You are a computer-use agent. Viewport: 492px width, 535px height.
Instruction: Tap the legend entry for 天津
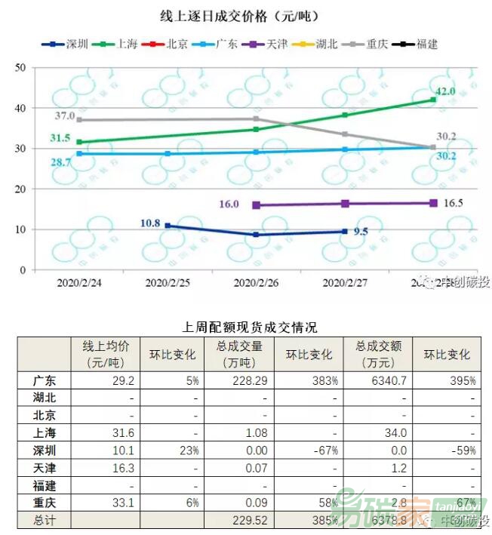pos(275,44)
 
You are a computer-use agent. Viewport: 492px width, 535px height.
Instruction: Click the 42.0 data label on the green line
pos(445,91)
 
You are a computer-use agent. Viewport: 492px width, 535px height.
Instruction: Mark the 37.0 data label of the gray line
pos(65,116)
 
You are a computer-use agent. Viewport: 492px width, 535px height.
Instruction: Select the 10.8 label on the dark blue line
pos(150,223)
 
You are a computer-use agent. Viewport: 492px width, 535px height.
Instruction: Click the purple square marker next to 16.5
pos(433,203)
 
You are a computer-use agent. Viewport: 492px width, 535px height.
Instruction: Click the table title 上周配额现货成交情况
pos(250,327)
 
